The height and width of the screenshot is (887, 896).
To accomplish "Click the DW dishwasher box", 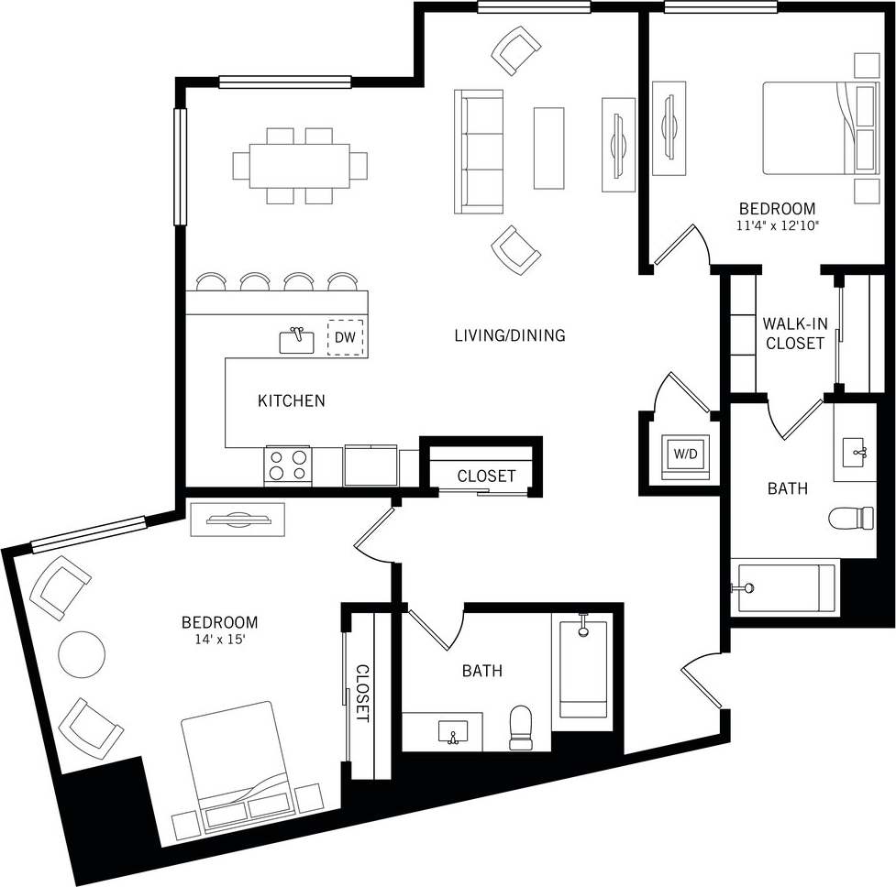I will (345, 338).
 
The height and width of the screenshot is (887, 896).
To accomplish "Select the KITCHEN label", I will (291, 400).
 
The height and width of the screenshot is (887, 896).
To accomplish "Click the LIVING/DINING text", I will (510, 335).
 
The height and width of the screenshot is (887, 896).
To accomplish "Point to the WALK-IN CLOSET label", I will (794, 334).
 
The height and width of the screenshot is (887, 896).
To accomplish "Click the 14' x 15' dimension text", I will (220, 640).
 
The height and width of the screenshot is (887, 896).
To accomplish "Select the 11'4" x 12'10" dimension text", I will (777, 225).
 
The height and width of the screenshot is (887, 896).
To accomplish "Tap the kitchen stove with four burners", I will (288, 465).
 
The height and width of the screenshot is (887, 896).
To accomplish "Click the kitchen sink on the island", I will (296, 341).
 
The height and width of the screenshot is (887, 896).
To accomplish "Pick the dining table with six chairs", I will (300, 165).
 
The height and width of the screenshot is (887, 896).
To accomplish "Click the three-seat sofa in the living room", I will (480, 151).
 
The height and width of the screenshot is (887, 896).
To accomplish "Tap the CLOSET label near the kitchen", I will (486, 476).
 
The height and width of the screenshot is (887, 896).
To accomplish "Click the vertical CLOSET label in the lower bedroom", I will (361, 694).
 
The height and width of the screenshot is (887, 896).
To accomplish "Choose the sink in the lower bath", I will (452, 732).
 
